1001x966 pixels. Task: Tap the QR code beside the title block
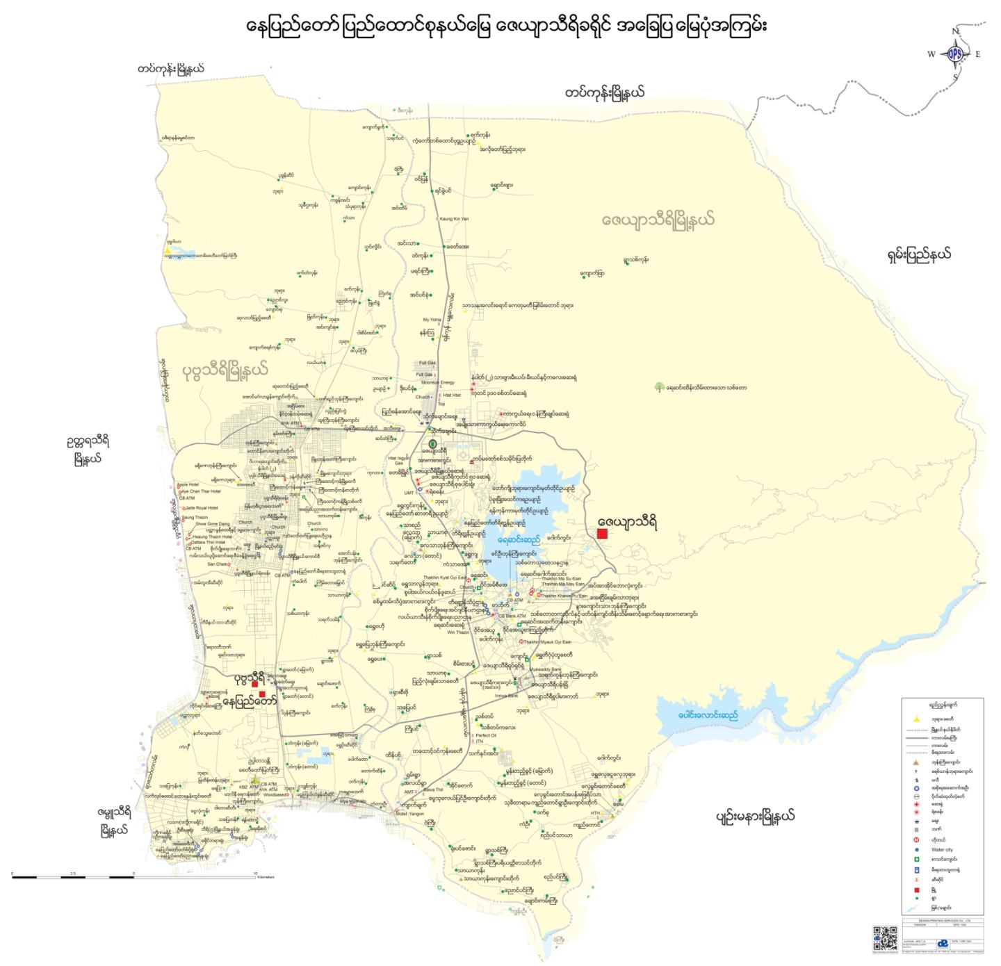point(884,938)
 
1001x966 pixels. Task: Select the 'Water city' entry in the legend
point(942,849)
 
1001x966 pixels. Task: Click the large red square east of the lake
point(602,534)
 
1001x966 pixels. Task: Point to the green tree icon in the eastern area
point(658,387)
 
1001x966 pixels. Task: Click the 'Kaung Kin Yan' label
point(454,219)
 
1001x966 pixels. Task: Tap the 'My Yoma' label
point(432,320)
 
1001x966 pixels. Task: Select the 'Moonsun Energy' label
point(438,382)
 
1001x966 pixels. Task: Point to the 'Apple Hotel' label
point(188,484)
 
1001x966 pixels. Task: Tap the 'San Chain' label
point(218,564)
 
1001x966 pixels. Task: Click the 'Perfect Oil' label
point(486,735)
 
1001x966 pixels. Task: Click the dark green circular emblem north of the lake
point(432,443)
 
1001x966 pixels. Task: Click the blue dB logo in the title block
point(942,944)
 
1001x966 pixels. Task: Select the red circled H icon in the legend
point(917,840)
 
